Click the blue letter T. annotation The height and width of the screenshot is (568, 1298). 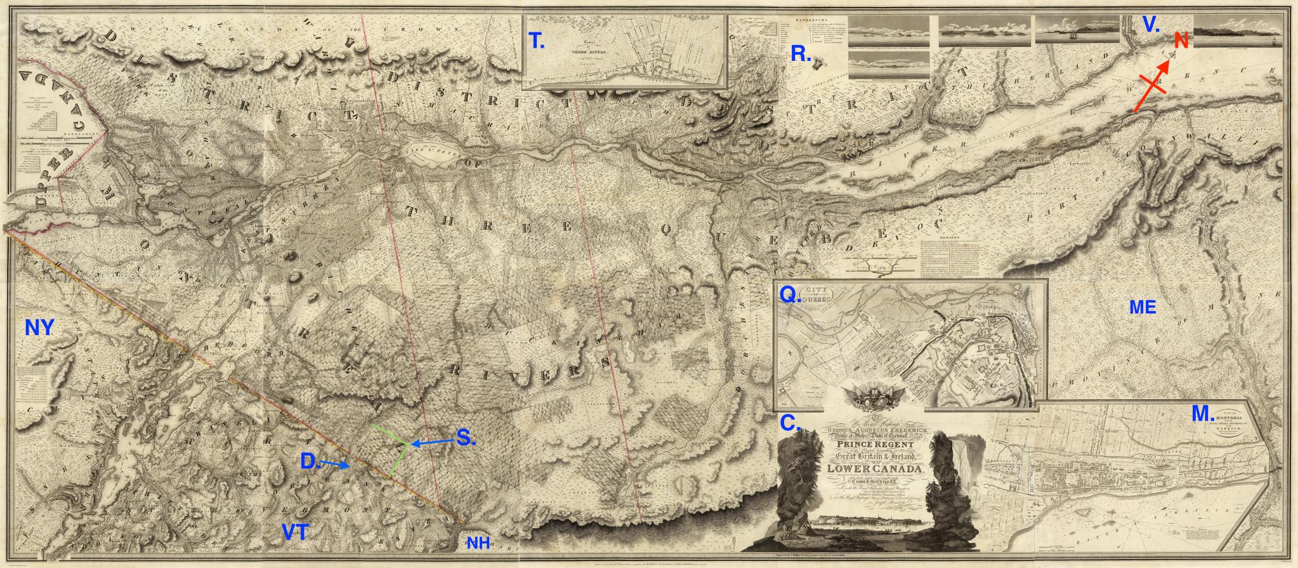(x=537, y=41)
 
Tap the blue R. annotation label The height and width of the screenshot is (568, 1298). (x=801, y=55)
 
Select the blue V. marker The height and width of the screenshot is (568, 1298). (x=1151, y=25)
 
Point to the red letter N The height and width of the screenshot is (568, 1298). (x=1181, y=41)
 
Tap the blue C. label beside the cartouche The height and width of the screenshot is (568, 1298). (x=789, y=422)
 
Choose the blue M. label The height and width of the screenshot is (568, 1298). (x=1202, y=414)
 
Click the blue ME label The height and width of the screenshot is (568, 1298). (x=1143, y=308)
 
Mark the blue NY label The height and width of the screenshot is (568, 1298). (x=39, y=327)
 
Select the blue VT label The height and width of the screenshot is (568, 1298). (x=295, y=532)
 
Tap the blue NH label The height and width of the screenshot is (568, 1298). (x=479, y=543)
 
